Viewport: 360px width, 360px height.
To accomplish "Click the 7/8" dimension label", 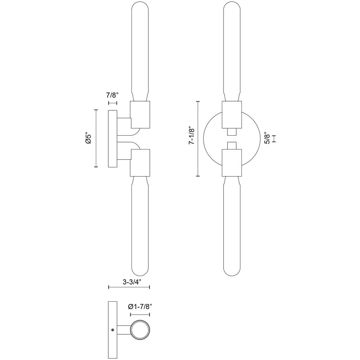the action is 112,95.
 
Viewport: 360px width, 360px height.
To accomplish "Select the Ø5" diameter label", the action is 88,138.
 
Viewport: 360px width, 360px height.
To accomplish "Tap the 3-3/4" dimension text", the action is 132,282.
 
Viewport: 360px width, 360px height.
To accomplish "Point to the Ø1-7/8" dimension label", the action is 140,306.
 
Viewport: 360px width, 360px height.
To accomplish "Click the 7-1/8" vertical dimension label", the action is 192,135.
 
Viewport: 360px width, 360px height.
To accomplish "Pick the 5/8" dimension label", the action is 267,138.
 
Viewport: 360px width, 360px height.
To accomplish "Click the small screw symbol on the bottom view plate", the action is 112,330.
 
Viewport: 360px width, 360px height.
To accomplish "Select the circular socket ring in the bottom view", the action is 140,330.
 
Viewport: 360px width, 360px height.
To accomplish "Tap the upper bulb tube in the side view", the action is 140,51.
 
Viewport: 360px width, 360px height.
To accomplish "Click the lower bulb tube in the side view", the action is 140,226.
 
